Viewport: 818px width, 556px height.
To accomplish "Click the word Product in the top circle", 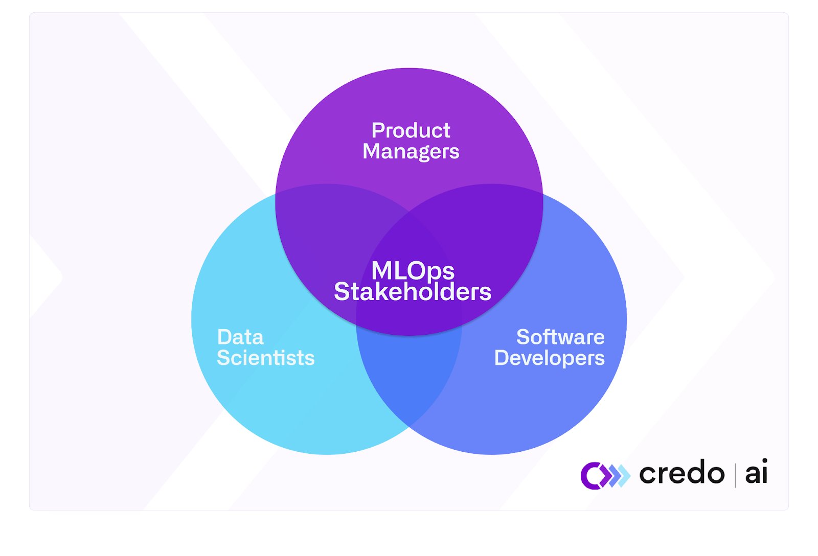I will (x=411, y=130).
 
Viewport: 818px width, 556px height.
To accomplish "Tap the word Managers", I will (x=411, y=152).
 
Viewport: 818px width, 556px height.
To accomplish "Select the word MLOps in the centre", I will (x=413, y=270).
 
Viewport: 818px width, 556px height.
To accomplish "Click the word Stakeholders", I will (x=413, y=292).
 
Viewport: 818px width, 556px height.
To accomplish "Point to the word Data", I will (x=240, y=337).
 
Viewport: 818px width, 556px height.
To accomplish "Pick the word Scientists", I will (x=265, y=358).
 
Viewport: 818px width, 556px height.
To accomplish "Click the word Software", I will (x=560, y=337).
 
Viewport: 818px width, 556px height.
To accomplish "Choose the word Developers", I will (x=549, y=358).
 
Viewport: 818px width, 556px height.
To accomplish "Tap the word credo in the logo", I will (x=681, y=473).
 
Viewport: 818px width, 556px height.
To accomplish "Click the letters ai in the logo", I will (x=756, y=473).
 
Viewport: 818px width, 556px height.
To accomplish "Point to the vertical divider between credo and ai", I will (x=735, y=475).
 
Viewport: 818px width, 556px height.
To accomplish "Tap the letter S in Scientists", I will (x=224, y=358).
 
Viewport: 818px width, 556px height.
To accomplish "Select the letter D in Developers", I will (x=502, y=358).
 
